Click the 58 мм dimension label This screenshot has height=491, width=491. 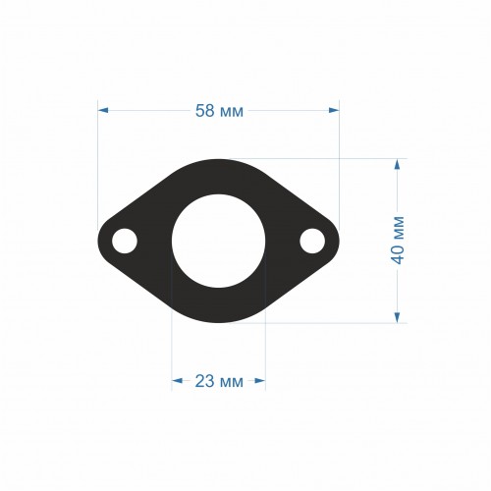click(x=219, y=111)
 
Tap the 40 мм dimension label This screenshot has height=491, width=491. click(x=399, y=240)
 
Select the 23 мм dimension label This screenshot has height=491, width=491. click(x=219, y=381)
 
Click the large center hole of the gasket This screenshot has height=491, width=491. click(x=218, y=242)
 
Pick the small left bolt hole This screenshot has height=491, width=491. click(x=125, y=241)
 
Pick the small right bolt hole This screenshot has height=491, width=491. click(x=312, y=241)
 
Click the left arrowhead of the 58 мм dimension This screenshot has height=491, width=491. click(x=103, y=110)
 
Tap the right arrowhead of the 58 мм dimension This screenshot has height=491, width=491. click(x=334, y=110)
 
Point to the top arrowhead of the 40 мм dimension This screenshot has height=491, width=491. click(x=397, y=164)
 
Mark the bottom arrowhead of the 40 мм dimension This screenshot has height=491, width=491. click(x=397, y=317)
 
